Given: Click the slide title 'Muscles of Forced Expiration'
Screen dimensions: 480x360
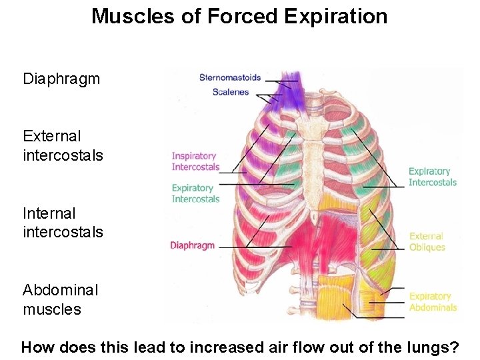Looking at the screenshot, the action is click(239, 16).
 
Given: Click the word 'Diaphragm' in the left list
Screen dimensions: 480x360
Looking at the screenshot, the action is click(61, 79).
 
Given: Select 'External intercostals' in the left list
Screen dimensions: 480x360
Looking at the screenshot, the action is click(63, 146).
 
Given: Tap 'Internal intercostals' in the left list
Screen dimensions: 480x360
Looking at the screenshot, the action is click(63, 223).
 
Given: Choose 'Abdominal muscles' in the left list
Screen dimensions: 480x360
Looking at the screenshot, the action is click(60, 300).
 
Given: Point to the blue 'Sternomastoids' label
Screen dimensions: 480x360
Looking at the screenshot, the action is click(230, 78).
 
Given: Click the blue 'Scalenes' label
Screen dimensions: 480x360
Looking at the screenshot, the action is click(231, 92).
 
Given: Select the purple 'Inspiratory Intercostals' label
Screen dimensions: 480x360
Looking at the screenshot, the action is click(195, 161).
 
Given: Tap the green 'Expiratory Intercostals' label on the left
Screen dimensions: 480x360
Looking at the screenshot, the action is click(195, 193).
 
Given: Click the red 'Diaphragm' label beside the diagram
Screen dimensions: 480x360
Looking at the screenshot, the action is click(193, 245).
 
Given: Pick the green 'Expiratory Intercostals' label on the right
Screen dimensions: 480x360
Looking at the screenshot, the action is click(433, 177).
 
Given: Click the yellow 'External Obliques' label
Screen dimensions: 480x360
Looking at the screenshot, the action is click(427, 241).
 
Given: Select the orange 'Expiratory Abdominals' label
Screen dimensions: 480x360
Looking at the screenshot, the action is click(433, 302).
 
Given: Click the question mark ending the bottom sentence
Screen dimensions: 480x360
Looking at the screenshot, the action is click(455, 347).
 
